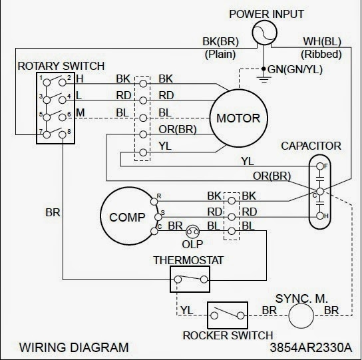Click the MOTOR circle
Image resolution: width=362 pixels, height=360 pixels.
tap(238, 119)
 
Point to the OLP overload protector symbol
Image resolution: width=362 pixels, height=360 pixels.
tap(194, 231)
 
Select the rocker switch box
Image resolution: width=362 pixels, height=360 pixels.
tap(227, 313)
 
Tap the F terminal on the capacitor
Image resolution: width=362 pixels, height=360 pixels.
tap(319, 165)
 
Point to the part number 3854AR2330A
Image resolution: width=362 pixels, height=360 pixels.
tap(315, 347)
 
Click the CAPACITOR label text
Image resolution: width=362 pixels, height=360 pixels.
tap(311, 145)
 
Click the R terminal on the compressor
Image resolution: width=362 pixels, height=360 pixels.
tap(158, 197)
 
